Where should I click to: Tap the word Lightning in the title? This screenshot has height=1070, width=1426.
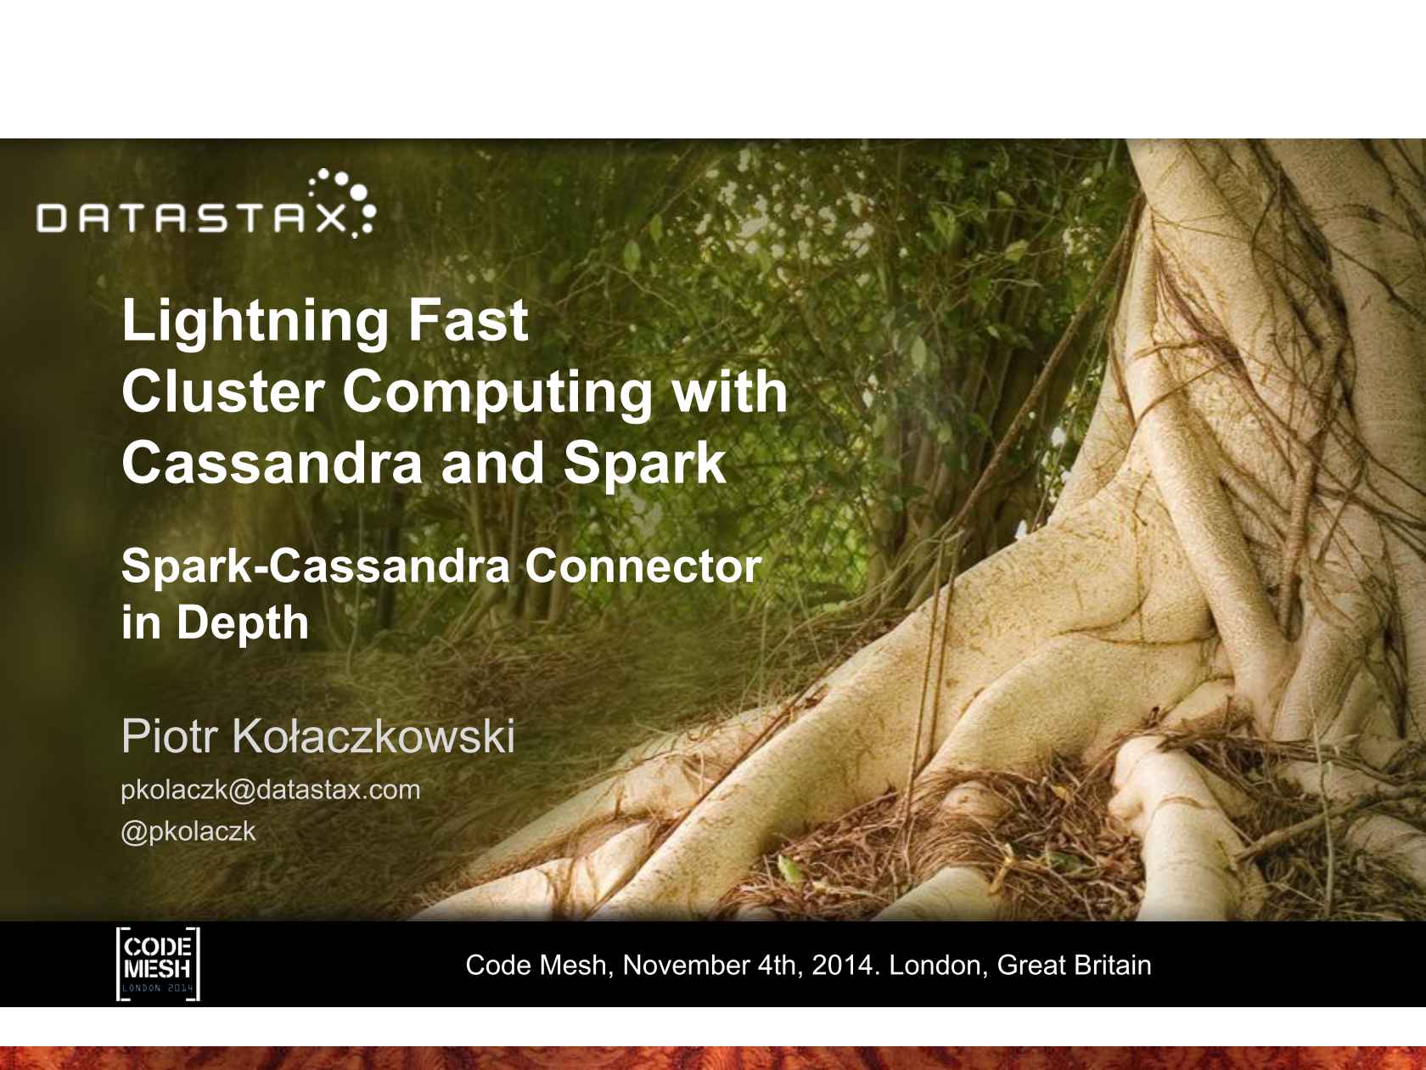pyautogui.click(x=255, y=323)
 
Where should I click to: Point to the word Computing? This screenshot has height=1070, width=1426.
pyautogui.click(x=497, y=394)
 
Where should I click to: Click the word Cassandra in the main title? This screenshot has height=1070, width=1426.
pyautogui.click(x=272, y=463)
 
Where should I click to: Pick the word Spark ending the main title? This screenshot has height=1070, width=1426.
pyautogui.click(x=643, y=463)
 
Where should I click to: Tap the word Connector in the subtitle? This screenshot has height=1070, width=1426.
pyautogui.click(x=643, y=566)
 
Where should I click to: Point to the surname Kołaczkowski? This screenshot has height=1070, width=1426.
pyautogui.click(x=373, y=737)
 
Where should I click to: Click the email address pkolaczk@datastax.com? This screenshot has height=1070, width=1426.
pyautogui.click(x=270, y=791)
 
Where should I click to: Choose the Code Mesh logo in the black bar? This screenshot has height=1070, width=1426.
pyautogui.click(x=158, y=964)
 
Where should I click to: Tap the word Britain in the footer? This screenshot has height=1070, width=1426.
pyautogui.click(x=1112, y=966)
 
